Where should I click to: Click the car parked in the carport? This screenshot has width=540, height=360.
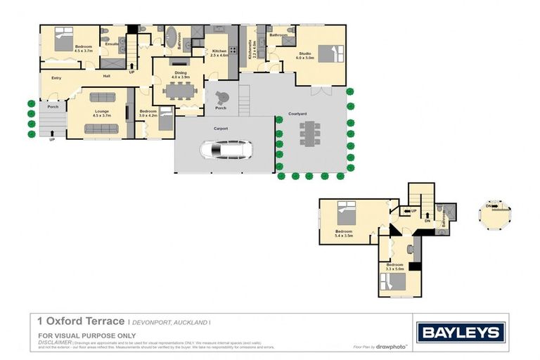tap(225, 150)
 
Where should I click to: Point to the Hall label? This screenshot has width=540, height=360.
tap(107, 76)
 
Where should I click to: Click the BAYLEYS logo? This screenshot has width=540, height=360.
tap(460, 333)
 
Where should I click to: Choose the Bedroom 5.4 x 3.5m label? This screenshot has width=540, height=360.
tap(344, 234)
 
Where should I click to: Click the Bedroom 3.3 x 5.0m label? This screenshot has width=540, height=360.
tap(398, 267)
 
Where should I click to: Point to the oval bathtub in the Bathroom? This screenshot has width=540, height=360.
tap(172, 37)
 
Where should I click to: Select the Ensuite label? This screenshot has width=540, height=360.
tap(112, 44)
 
